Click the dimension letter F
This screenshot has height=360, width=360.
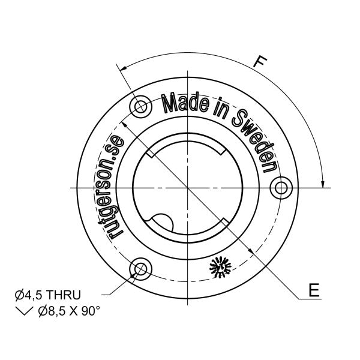(x=260, y=61)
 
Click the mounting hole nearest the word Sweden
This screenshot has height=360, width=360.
(x=280, y=188)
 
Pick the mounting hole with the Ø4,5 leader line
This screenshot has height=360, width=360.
(x=142, y=268)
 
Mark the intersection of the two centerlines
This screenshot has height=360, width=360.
(x=188, y=188)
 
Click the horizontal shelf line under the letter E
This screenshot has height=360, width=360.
(x=311, y=298)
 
